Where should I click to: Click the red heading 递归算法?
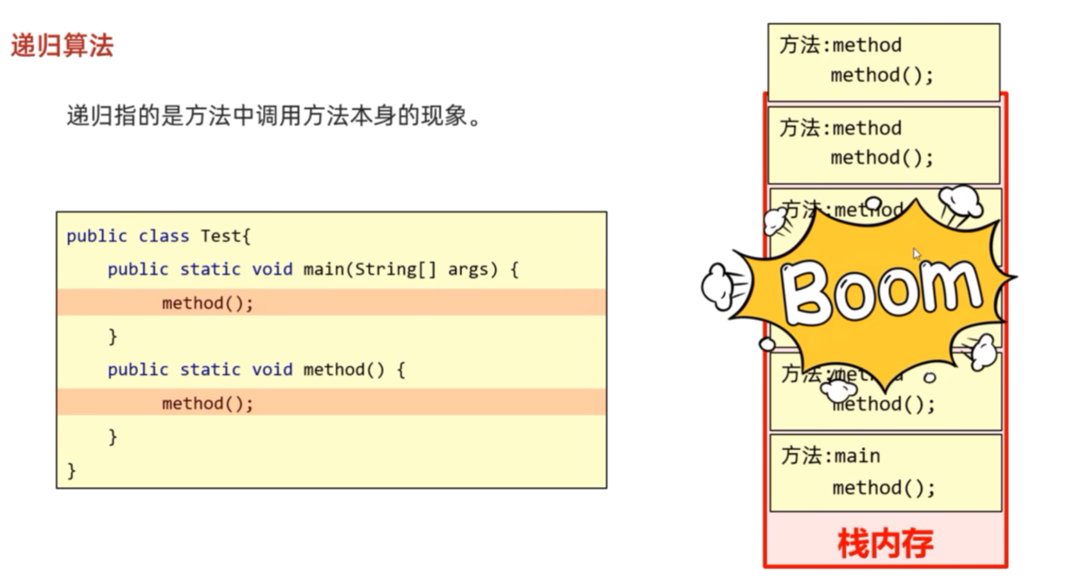pyautogui.click(x=62, y=46)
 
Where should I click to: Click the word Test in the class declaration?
pyautogui.click(x=220, y=236)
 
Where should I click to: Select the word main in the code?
pyautogui.click(x=323, y=269)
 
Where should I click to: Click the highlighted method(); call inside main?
pyautogui.click(x=207, y=303)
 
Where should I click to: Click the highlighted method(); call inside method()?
pyautogui.click(x=207, y=403)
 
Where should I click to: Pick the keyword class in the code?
pyautogui.click(x=164, y=236)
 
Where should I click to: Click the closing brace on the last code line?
pyautogui.click(x=71, y=471)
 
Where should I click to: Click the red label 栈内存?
pyautogui.click(x=885, y=544)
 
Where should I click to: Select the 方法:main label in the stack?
pyautogui.click(x=830, y=456)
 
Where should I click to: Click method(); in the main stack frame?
pyautogui.click(x=884, y=488)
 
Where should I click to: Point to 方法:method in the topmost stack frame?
pyautogui.click(x=840, y=45)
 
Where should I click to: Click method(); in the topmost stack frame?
pyautogui.click(x=882, y=76)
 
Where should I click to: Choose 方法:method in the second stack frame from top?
pyautogui.click(x=840, y=128)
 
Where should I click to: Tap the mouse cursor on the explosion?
pyautogui.click(x=916, y=254)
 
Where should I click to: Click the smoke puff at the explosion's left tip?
pyautogui.click(x=718, y=285)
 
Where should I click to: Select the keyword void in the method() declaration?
pyautogui.click(x=271, y=370)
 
